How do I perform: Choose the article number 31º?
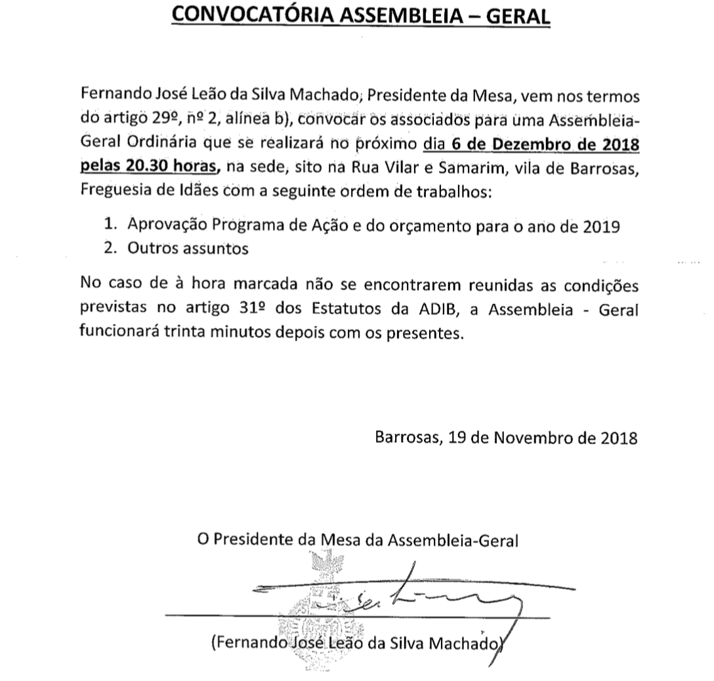click(x=257, y=309)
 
